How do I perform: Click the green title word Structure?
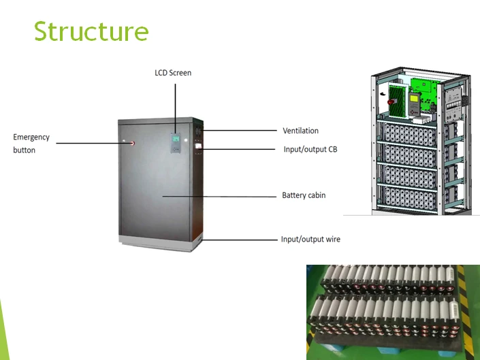pos(91,31)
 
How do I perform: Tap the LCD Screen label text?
pos(173,73)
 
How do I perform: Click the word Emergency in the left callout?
pos(31,137)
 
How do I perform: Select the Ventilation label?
pos(301,131)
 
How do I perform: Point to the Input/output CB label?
pos(310,149)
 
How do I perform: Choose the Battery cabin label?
pos(304,195)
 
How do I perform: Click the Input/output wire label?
pos(310,239)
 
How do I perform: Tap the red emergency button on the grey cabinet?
pos(133,143)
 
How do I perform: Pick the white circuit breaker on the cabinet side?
pos(198,146)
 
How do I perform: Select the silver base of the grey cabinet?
pos(161,243)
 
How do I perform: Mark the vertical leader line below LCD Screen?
pos(176,109)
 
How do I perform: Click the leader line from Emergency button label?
pos(93,143)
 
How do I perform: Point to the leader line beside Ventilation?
pos(240,131)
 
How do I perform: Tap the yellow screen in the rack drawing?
pos(414,99)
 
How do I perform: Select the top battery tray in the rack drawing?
pos(410,134)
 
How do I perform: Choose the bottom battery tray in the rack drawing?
pos(410,198)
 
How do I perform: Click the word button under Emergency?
pos(25,150)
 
